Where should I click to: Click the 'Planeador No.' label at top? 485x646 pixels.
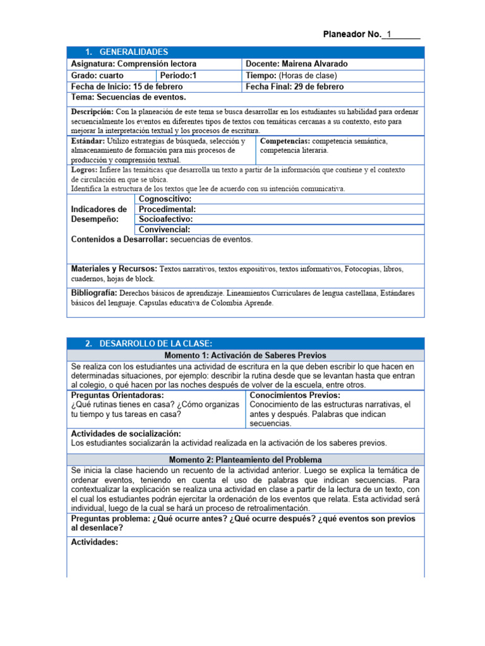click(x=352, y=34)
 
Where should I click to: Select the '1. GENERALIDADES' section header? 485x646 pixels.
click(x=126, y=52)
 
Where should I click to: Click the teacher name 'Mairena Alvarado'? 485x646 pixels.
click(x=314, y=64)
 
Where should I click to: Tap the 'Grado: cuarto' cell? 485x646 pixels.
click(x=98, y=75)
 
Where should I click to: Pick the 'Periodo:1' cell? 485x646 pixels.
click(x=178, y=75)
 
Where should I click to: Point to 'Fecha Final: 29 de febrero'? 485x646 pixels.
click(x=295, y=86)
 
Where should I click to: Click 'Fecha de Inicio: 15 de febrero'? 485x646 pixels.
click(x=127, y=86)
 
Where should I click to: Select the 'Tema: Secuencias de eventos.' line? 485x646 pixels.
click(x=129, y=97)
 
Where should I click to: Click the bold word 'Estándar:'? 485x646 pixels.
click(x=88, y=141)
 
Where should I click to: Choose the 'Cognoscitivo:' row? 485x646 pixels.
click(x=165, y=199)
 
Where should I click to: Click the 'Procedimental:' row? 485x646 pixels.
click(x=167, y=209)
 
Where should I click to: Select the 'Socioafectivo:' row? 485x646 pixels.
click(x=165, y=219)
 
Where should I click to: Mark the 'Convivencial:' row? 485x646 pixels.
click(x=164, y=230)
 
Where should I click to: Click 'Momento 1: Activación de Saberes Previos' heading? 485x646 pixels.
click(x=246, y=356)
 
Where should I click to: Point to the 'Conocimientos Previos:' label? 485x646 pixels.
click(x=295, y=395)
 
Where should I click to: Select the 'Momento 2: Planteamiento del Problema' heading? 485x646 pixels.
click(x=246, y=460)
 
